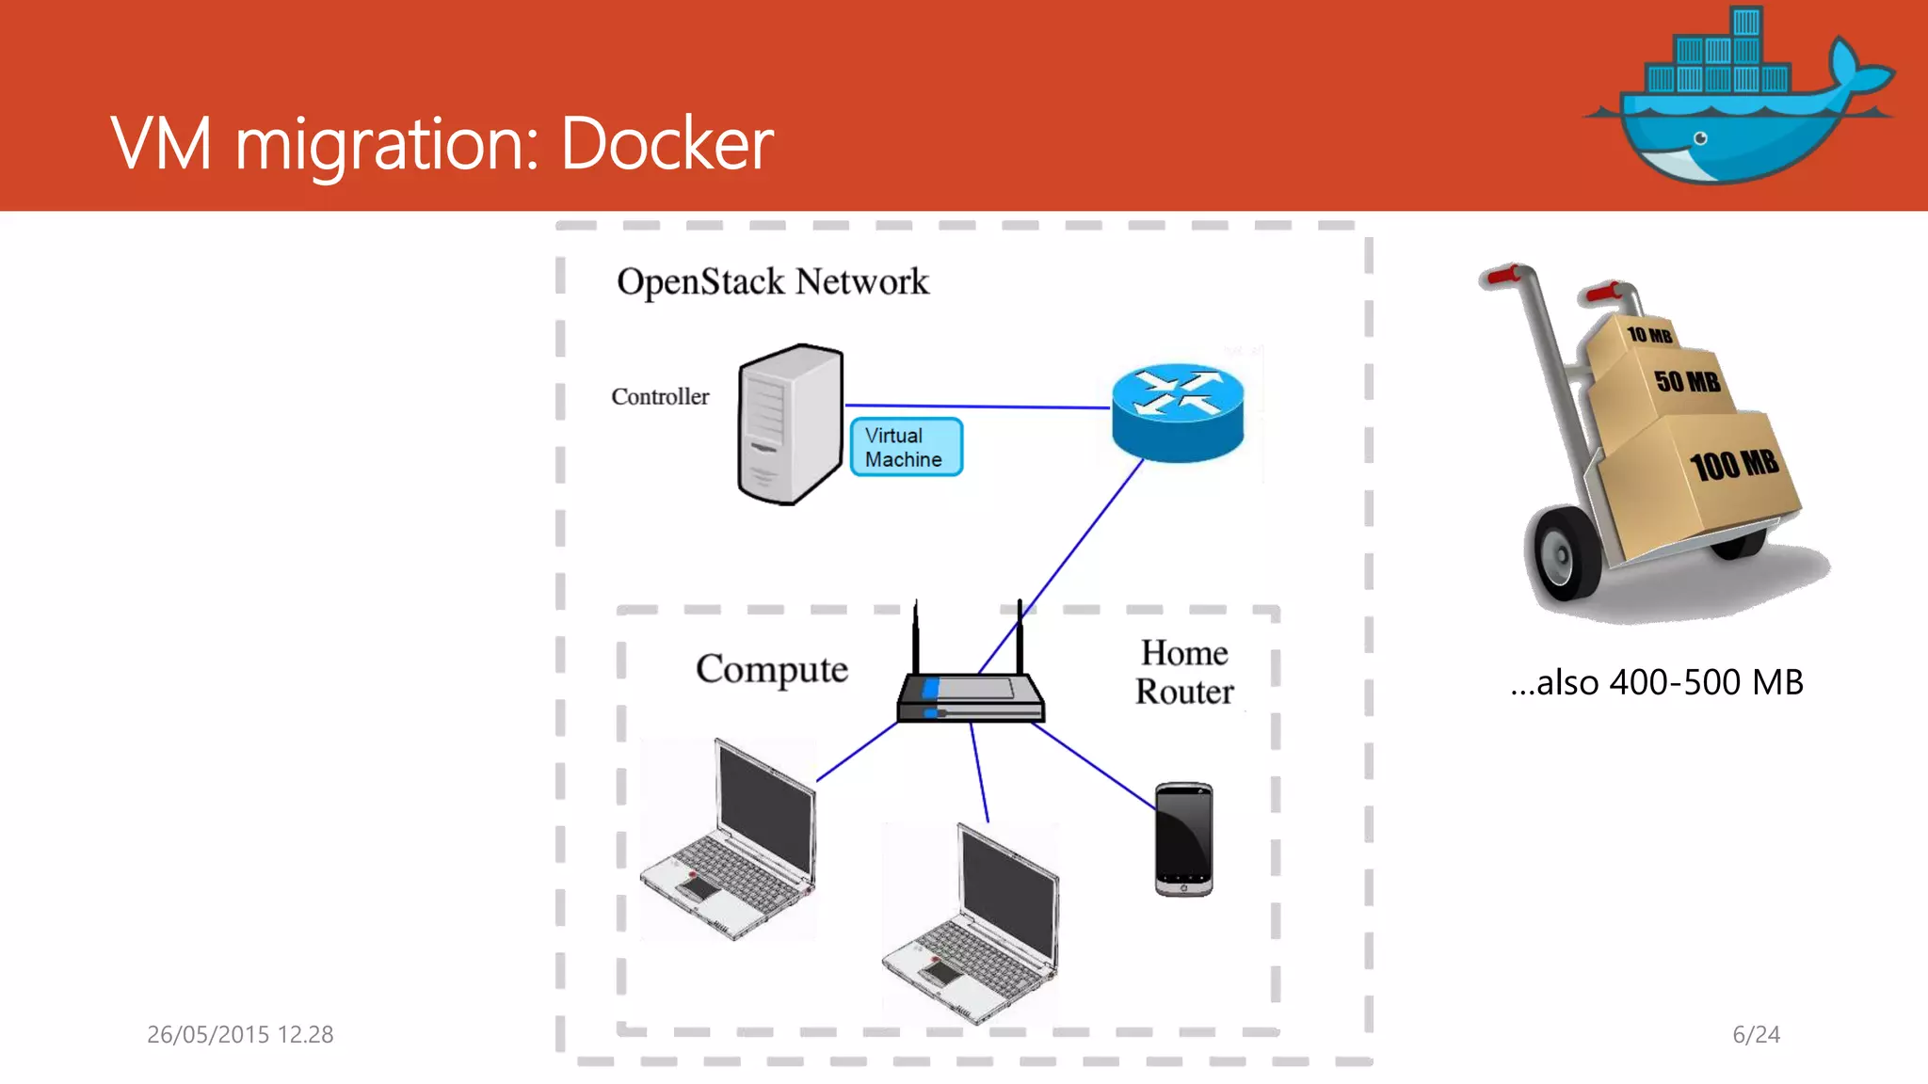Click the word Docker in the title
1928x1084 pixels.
click(x=667, y=144)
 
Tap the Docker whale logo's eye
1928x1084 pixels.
click(x=1700, y=138)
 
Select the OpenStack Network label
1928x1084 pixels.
click(x=772, y=281)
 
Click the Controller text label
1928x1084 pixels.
click(x=660, y=396)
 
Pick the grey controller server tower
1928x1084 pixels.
click(x=789, y=424)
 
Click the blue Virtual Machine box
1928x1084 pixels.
click(x=906, y=447)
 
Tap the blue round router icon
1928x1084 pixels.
click(x=1177, y=412)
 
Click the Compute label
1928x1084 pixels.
click(x=771, y=669)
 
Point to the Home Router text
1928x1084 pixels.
click(x=1183, y=672)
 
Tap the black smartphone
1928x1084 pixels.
click(x=1183, y=838)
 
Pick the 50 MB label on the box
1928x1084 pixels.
click(x=1687, y=381)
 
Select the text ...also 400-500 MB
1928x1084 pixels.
click(x=1656, y=682)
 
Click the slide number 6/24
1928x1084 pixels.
click(x=1756, y=1034)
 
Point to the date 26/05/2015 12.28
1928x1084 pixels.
click(x=240, y=1034)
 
